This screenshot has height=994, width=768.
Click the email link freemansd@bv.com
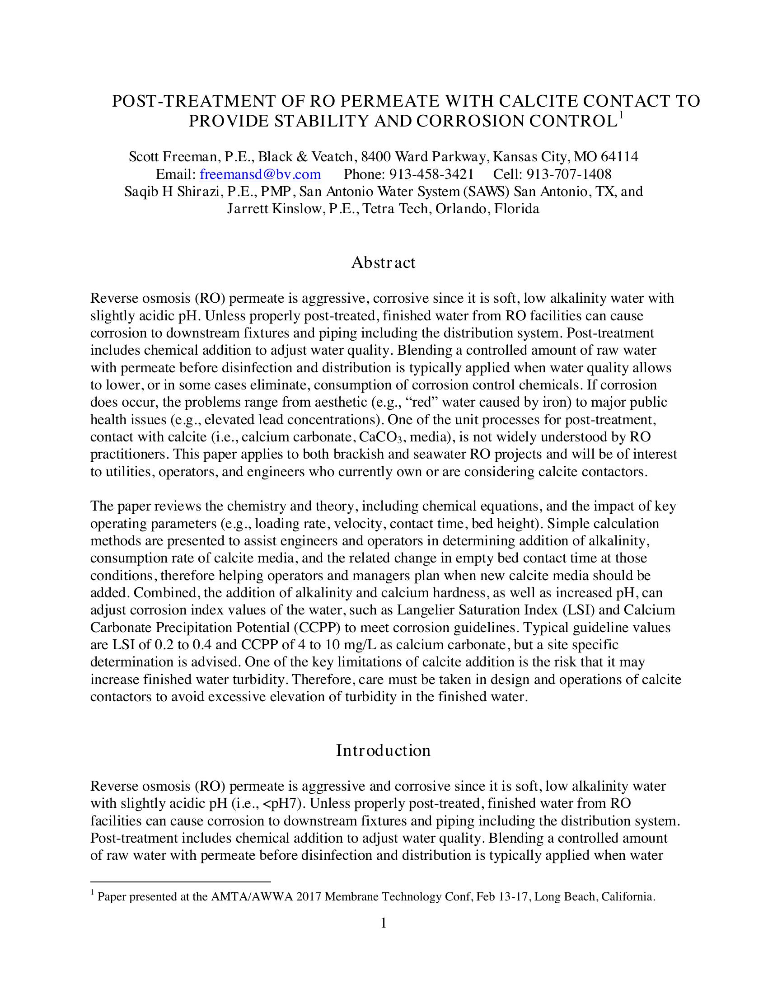tap(260, 174)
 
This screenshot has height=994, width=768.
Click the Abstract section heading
tap(383, 263)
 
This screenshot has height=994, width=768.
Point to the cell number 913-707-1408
tap(569, 174)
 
